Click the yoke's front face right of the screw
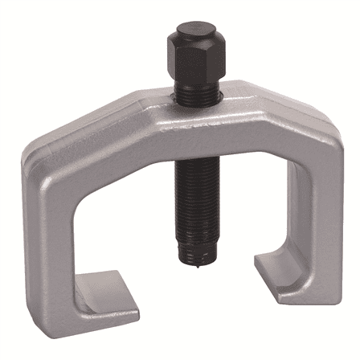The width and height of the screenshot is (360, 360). pyautogui.click(x=241, y=133)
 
